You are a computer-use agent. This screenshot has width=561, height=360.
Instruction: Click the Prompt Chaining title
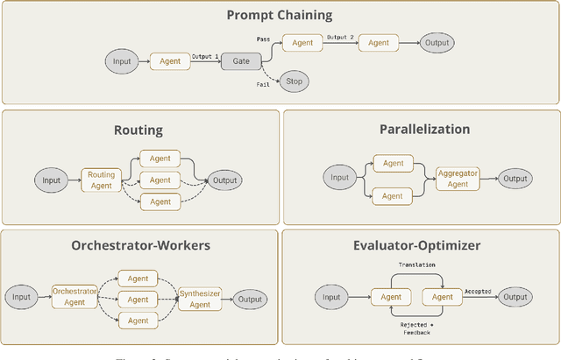(280, 14)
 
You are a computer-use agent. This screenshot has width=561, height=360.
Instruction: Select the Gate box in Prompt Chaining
(240, 61)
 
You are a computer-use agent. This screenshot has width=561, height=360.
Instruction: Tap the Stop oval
(294, 82)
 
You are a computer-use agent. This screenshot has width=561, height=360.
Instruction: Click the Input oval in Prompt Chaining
(123, 61)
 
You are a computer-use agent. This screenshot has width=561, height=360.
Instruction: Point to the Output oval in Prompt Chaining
(436, 42)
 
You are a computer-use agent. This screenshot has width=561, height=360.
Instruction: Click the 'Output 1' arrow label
(205, 55)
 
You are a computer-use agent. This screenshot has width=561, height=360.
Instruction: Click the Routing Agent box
(101, 180)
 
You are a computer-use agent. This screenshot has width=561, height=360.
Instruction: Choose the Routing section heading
(138, 130)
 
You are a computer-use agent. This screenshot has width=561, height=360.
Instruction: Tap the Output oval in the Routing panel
(224, 180)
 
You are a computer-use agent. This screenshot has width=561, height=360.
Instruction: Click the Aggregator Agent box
(458, 179)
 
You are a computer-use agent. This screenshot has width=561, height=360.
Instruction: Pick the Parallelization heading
(424, 130)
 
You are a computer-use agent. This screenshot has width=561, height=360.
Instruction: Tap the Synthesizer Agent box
(200, 299)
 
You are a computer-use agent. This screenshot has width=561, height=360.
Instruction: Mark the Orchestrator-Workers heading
(140, 245)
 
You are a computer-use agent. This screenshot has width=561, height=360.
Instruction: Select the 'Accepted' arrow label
(477, 291)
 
